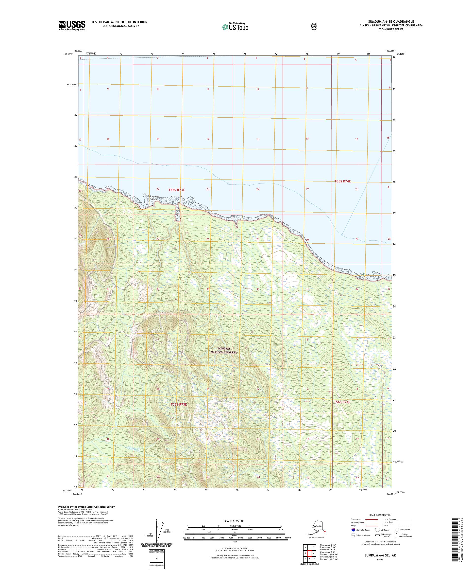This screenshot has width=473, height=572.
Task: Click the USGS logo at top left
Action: (x=72, y=25)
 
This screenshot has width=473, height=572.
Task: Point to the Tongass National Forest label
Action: (x=224, y=350)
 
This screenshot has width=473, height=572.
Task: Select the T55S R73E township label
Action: (x=176, y=190)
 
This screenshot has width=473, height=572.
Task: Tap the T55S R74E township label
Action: (x=342, y=181)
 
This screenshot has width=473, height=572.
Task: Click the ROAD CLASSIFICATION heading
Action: (x=380, y=515)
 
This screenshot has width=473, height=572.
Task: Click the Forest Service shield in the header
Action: (x=314, y=26)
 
